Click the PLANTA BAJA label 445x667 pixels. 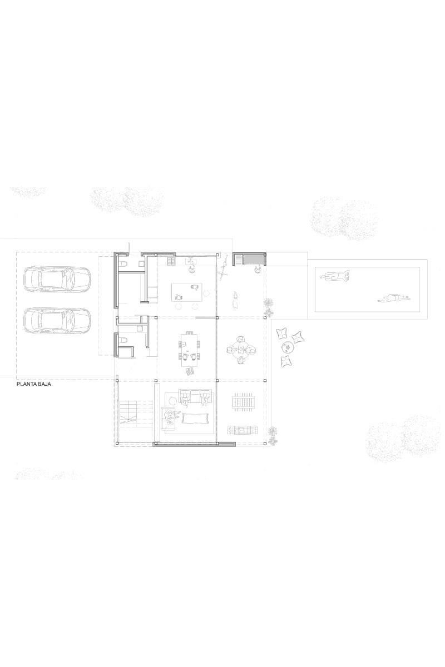(x=34, y=384)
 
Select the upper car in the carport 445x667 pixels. (x=57, y=278)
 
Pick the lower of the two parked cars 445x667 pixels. (x=57, y=320)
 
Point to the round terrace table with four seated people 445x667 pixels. (x=241, y=350)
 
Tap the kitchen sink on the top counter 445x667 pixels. (x=192, y=260)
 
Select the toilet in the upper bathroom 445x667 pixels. (x=125, y=263)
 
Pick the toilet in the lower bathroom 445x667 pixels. (x=125, y=341)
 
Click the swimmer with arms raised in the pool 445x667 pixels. (x=332, y=275)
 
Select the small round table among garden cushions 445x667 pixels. (x=288, y=348)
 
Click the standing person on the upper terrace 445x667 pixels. (x=236, y=300)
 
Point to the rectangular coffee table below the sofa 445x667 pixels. (x=193, y=417)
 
